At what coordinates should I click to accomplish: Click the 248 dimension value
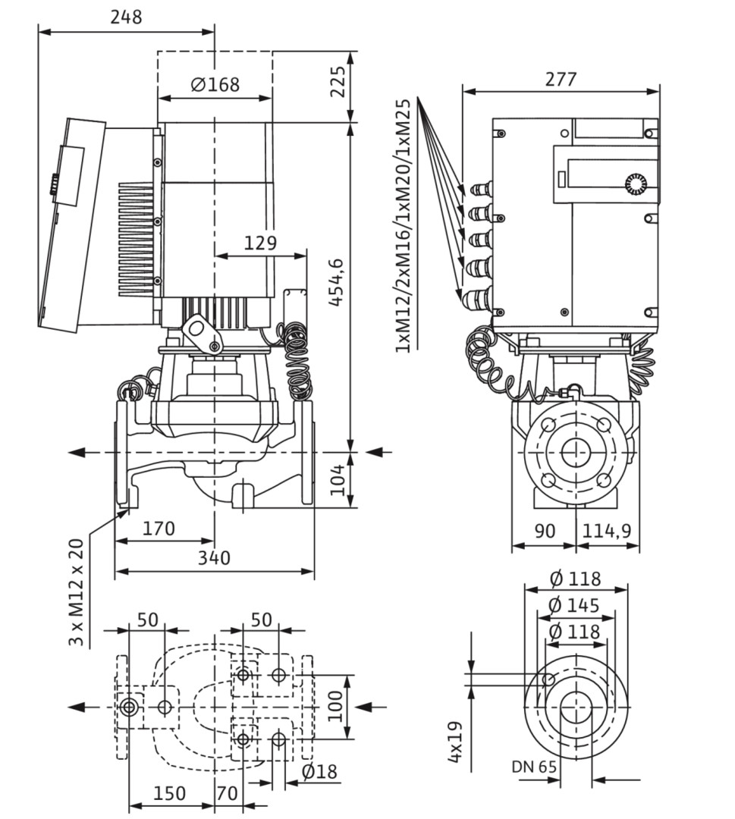point(126,17)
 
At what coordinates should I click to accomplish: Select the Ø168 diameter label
point(215,84)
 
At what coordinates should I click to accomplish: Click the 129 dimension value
point(260,243)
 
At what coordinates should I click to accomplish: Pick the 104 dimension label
point(338,479)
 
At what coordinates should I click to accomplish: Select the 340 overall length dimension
point(214,558)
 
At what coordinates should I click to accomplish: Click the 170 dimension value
point(159,529)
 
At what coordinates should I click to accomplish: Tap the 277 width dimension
point(561,79)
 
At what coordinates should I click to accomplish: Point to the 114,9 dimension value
point(607,531)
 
